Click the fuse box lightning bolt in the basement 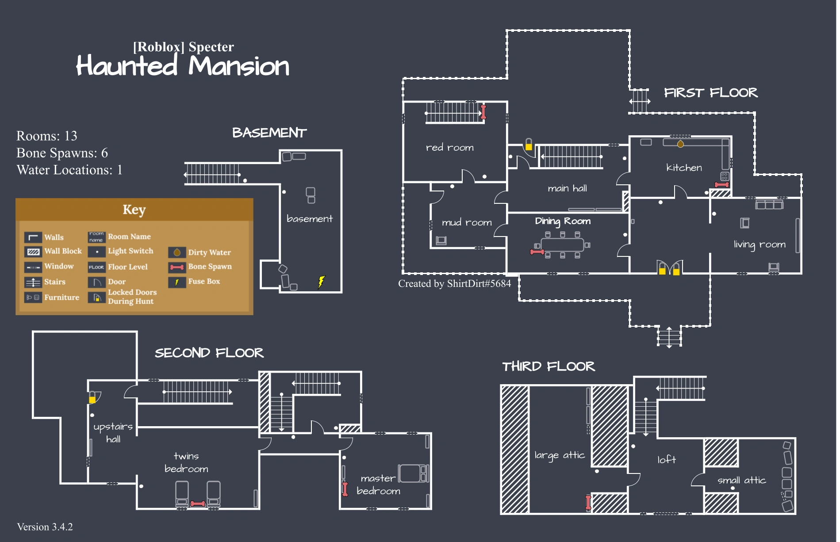[322, 281]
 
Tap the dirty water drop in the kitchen [680, 144]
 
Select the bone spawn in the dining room [537, 252]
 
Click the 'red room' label [449, 148]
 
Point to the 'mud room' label [467, 222]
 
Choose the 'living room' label [759, 244]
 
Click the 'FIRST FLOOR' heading [710, 93]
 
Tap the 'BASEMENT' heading [269, 133]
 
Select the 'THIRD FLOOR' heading [548, 366]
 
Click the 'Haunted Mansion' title [183, 66]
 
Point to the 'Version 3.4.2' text [45, 527]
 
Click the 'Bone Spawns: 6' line [62, 153]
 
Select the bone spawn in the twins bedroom [198, 504]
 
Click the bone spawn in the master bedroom [345, 489]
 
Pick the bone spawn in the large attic [588, 503]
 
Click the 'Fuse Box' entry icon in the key [177, 282]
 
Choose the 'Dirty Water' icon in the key [177, 252]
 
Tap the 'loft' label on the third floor [666, 460]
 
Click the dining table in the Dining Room [562, 244]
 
